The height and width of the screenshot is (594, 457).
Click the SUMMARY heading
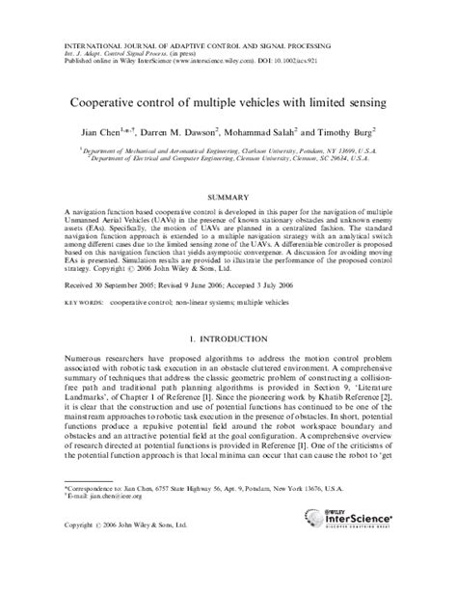228,194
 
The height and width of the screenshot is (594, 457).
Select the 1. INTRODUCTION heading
228,340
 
